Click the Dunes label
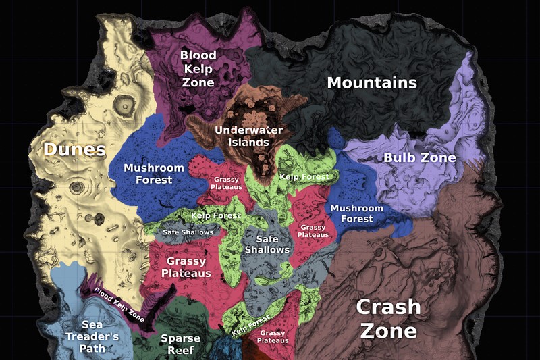(x=75, y=149)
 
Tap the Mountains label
(x=372, y=83)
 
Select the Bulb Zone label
(x=420, y=158)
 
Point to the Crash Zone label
(x=388, y=319)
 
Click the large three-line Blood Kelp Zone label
(x=198, y=69)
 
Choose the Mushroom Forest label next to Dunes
(x=154, y=174)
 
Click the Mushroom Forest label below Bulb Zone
(x=356, y=213)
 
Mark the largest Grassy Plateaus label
(x=186, y=267)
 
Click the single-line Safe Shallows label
(x=188, y=232)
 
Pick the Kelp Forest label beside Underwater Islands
(x=304, y=177)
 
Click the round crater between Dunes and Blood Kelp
(x=124, y=104)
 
